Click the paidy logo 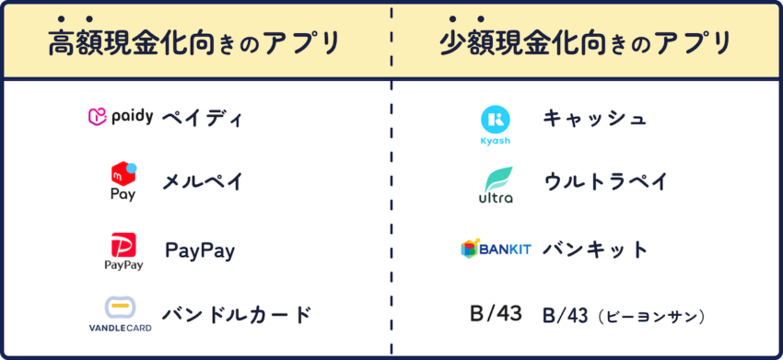[120, 117]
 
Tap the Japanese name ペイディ [202, 118]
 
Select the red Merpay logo [123, 180]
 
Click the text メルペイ [202, 180]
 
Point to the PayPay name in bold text [200, 250]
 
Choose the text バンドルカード [237, 314]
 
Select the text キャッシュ [594, 118]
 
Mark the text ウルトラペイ [604, 180]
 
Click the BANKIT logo [496, 249]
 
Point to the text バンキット [595, 249]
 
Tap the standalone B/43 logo [496, 314]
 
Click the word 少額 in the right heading [467, 44]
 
